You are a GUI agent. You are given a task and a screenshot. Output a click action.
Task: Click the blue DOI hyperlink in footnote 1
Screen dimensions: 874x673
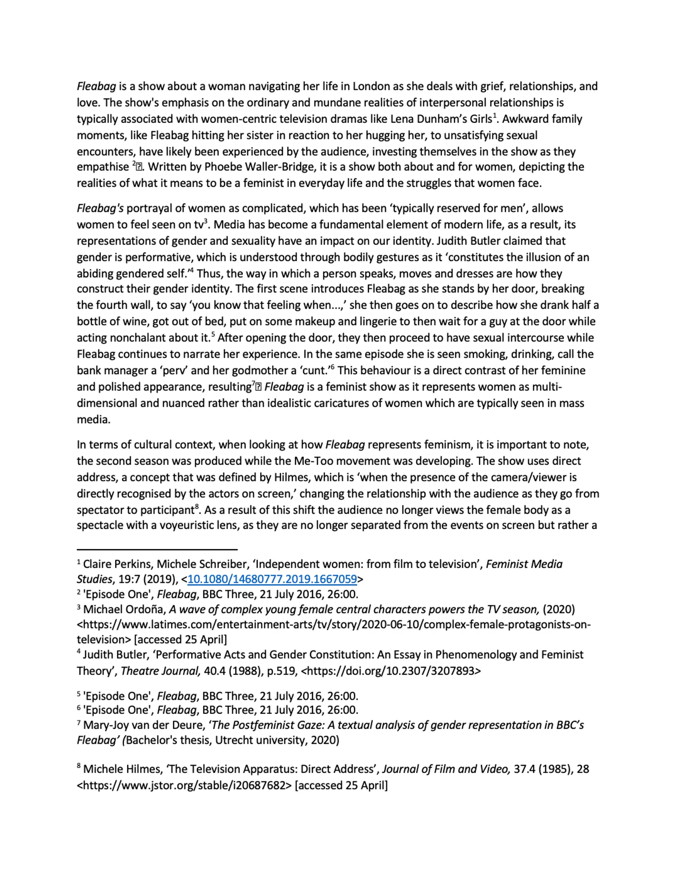(x=272, y=579)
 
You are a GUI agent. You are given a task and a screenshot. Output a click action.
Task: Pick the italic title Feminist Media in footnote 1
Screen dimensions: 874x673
(x=524, y=564)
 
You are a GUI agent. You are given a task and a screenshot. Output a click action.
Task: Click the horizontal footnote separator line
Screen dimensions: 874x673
(x=157, y=550)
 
